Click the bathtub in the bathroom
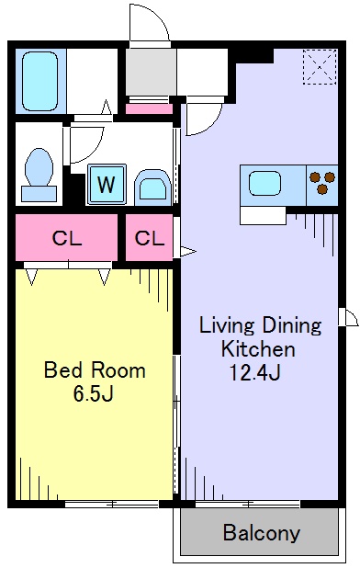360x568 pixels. pos(39,82)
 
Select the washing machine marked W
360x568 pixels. pos(107,185)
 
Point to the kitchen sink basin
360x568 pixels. pos(264,184)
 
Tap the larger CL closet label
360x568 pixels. pos(67,238)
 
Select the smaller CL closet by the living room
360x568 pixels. pos(149,238)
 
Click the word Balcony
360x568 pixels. pos(261,533)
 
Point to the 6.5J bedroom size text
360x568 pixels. pos(94,393)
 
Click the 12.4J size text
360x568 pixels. pos(255,373)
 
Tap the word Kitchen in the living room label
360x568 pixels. pos(258,349)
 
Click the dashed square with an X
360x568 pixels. pos(320,67)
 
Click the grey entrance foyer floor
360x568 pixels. pos(151,72)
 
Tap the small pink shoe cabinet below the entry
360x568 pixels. pos(149,108)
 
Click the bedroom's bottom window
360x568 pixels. pos(112,504)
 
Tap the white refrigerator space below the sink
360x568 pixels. pos(263,216)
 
